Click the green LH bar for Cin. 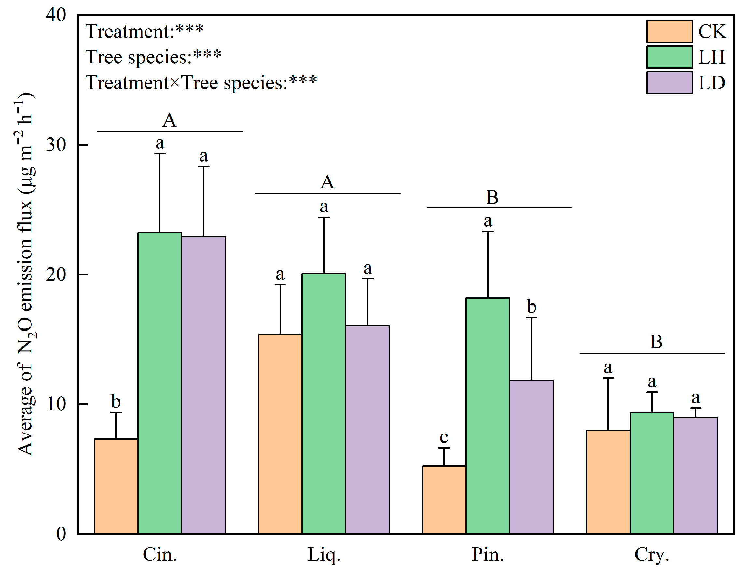[x=160, y=383]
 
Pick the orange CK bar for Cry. [x=608, y=482]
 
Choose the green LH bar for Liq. [x=324, y=403]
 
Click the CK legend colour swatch [x=669, y=32]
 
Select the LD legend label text [x=711, y=83]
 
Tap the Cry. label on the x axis [x=651, y=554]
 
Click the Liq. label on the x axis [x=324, y=554]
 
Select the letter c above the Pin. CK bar [x=444, y=437]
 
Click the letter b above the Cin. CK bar [x=116, y=401]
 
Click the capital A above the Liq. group [x=327, y=182]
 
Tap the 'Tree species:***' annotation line [x=153, y=57]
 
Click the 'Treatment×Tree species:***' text [x=201, y=83]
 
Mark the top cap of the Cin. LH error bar [x=160, y=154]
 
